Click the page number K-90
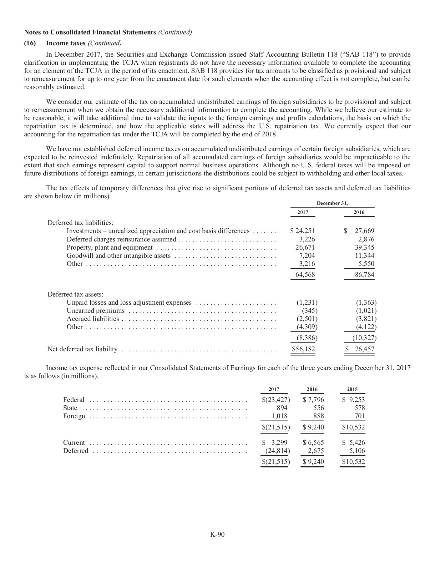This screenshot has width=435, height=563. click(217, 535)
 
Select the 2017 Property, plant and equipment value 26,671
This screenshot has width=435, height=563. click(305, 247)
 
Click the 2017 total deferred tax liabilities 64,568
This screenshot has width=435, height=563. click(305, 275)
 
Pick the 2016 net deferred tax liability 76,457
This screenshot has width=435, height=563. click(364, 349)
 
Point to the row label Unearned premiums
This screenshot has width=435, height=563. click(95, 311)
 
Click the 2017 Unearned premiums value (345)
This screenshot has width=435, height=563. click(310, 311)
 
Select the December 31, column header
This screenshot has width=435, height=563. click(332, 203)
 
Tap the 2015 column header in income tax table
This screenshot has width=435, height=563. click(352, 389)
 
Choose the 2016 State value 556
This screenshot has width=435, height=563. click(318, 408)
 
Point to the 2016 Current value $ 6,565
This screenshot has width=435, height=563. click(313, 443)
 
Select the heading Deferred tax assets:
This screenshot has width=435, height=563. click(75, 294)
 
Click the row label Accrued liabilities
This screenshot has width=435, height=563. click(93, 319)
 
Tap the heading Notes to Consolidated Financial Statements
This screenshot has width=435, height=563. click(90, 33)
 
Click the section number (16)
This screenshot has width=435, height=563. click(30, 43)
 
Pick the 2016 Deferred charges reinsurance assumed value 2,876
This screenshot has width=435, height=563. click(366, 239)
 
